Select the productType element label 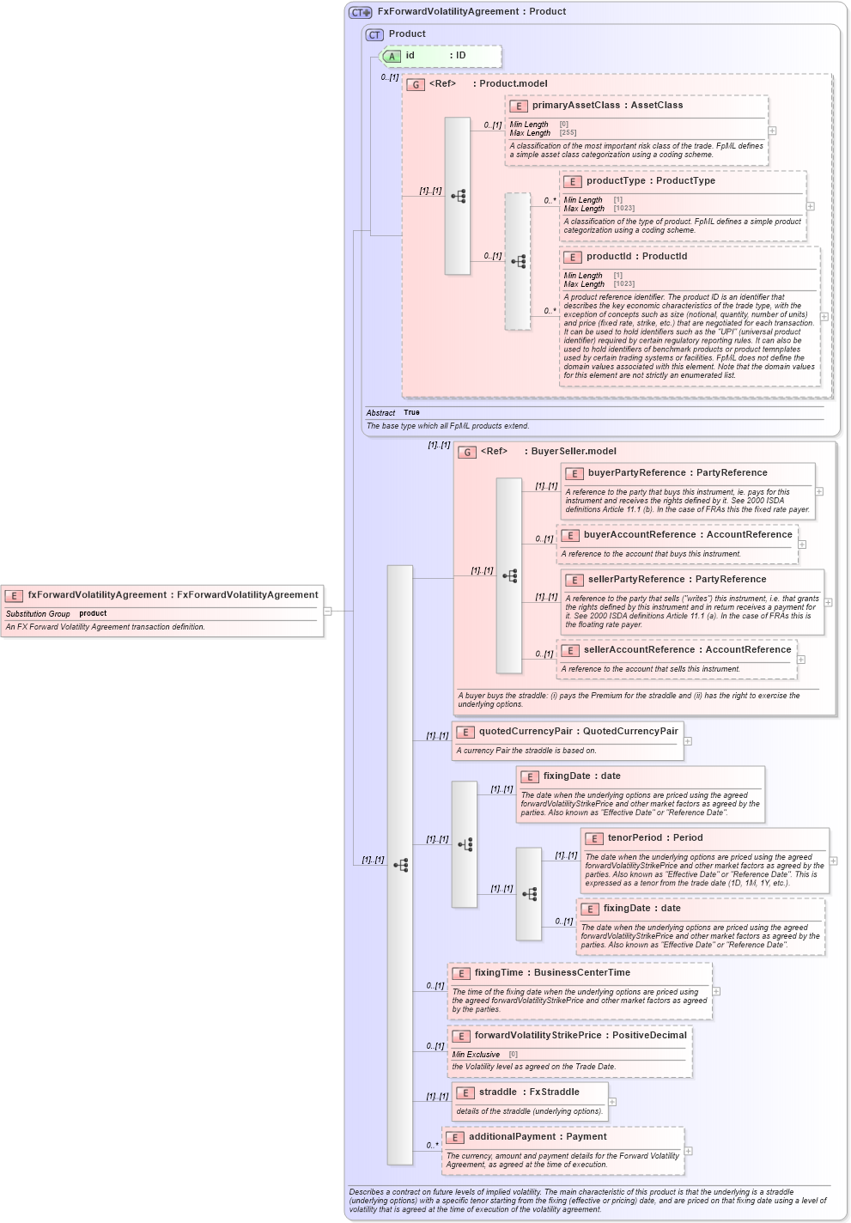(617, 181)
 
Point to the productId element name (611, 257)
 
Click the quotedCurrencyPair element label (526, 732)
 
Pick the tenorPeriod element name (635, 838)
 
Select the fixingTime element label (499, 973)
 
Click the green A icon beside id (392, 57)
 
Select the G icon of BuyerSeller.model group (467, 453)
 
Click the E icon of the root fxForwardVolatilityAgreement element (14, 596)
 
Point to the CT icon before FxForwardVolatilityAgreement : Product (360, 13)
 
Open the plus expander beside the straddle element (612, 1102)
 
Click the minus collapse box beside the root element (327, 611)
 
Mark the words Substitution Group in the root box (38, 614)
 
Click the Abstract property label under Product (380, 413)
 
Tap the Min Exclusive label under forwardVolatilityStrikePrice (476, 1055)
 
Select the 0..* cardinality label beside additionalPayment (432, 1146)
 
